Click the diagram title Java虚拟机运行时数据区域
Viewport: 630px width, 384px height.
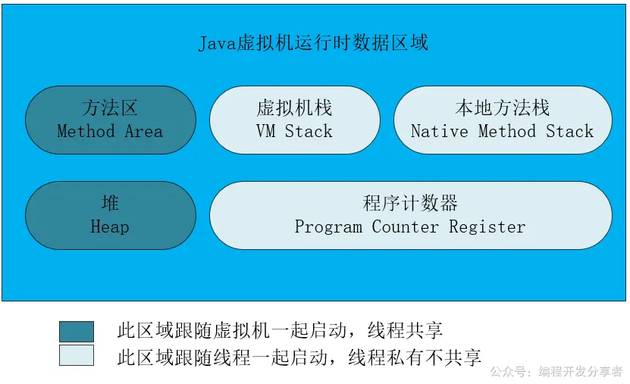[x=313, y=42]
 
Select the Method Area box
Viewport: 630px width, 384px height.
[x=110, y=120]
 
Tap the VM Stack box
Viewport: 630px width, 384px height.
[x=294, y=120]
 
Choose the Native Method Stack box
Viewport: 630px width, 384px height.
[x=502, y=120]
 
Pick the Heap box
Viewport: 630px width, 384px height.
[x=110, y=215]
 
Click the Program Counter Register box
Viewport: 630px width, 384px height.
[x=410, y=215]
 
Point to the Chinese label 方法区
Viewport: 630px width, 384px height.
[x=110, y=108]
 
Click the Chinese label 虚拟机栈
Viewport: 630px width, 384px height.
[x=294, y=108]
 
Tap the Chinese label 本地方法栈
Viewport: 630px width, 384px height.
[x=502, y=108]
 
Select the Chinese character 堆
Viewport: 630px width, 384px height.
[x=110, y=203]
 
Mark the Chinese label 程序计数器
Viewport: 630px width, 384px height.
[x=410, y=203]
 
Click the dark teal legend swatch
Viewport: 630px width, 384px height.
[x=77, y=331]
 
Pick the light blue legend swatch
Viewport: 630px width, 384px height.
[x=77, y=355]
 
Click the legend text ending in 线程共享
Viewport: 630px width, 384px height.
[x=280, y=331]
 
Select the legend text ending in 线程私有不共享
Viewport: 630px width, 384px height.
[x=299, y=356]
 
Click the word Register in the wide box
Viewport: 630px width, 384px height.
[x=487, y=227]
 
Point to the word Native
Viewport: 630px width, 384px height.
[x=439, y=132]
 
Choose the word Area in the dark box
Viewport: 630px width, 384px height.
[x=144, y=132]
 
